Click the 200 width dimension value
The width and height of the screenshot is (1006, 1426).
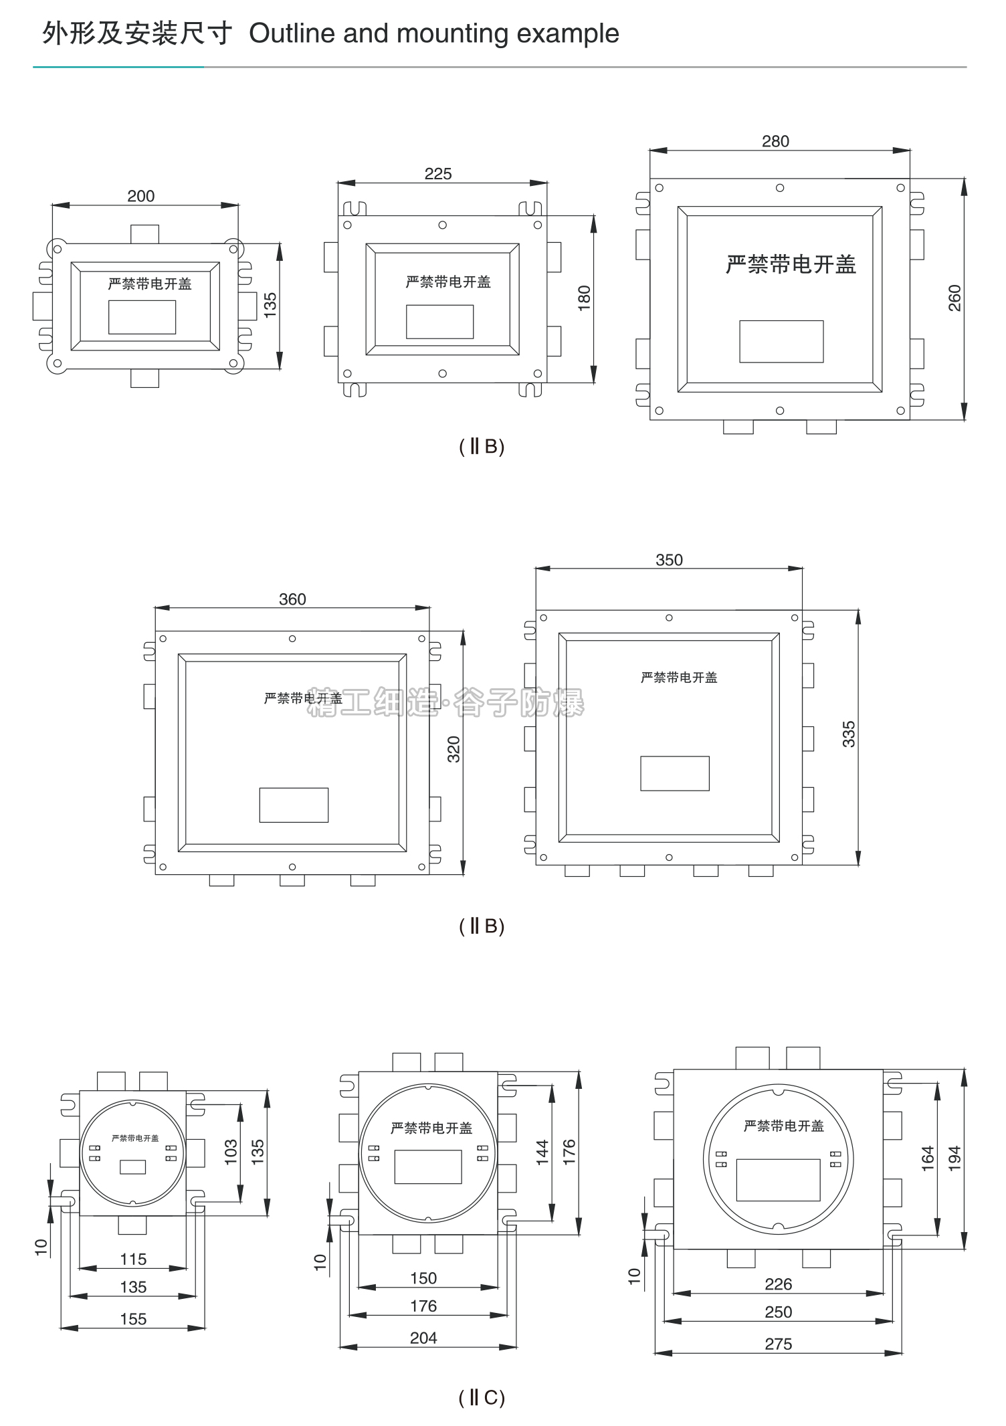pyautogui.click(x=140, y=196)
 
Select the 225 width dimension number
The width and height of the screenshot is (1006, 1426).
pyautogui.click(x=438, y=174)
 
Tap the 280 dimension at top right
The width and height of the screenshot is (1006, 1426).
pyautogui.click(x=775, y=141)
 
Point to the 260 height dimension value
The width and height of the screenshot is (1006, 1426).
pyautogui.click(x=954, y=298)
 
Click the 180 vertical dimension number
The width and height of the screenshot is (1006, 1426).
pyautogui.click(x=584, y=298)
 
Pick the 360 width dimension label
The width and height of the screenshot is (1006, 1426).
pyautogui.click(x=292, y=599)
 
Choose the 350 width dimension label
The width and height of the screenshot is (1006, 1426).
pyautogui.click(x=669, y=560)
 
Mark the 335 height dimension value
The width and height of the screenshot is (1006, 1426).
pyautogui.click(x=848, y=734)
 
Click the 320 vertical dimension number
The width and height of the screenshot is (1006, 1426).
pyautogui.click(x=454, y=749)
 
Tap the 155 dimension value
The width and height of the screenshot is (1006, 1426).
pyautogui.click(x=133, y=1319)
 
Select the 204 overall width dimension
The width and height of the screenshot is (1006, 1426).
pyautogui.click(x=423, y=1338)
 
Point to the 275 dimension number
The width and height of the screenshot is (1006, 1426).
pyautogui.click(x=779, y=1344)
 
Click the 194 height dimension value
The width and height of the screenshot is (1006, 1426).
pyautogui.click(x=954, y=1158)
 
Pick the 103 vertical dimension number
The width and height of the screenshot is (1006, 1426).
pyautogui.click(x=231, y=1152)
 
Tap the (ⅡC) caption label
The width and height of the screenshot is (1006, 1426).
pyautogui.click(x=482, y=1397)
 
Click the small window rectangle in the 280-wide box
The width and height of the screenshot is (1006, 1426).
pyautogui.click(x=781, y=341)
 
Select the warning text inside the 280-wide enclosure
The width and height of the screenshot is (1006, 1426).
pyautogui.click(x=791, y=265)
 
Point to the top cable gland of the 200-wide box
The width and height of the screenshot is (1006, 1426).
pyautogui.click(x=144, y=234)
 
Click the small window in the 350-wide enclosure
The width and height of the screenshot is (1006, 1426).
pyautogui.click(x=675, y=773)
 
